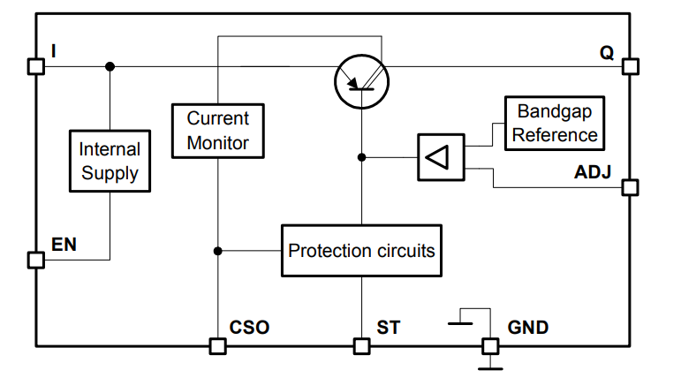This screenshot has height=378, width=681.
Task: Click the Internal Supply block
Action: coord(110,161)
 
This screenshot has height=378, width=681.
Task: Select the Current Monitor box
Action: coord(218,130)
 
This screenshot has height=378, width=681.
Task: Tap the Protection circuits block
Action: coord(361,251)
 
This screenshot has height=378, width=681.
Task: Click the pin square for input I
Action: coord(35,66)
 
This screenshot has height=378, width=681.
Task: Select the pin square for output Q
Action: coord(630,66)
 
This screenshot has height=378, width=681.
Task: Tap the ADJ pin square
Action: coord(630,187)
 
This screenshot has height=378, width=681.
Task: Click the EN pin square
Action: coord(35,260)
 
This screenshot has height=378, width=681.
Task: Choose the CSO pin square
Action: coord(217,345)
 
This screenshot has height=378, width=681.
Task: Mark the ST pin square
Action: coord(361,345)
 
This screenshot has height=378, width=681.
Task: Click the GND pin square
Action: coord(488,345)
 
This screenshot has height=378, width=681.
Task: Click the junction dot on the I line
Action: coord(110,66)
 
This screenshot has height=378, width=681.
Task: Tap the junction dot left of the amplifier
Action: coord(361,157)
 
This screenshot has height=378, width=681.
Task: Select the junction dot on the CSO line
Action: coord(217,251)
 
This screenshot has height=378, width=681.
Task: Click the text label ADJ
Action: coord(593,170)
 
